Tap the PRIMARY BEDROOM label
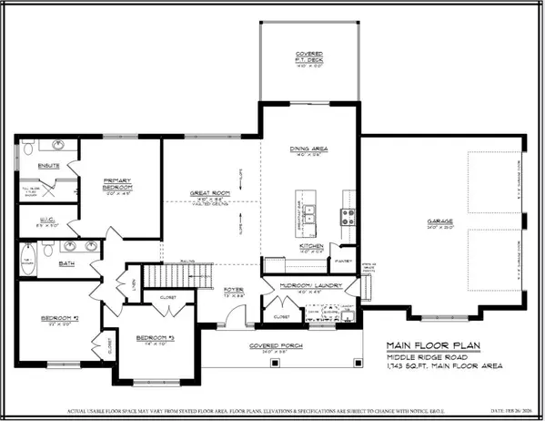(x=120, y=183)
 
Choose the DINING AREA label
(x=311, y=149)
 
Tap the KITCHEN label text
(x=311, y=246)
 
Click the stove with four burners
(x=348, y=216)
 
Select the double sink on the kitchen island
(x=310, y=216)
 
